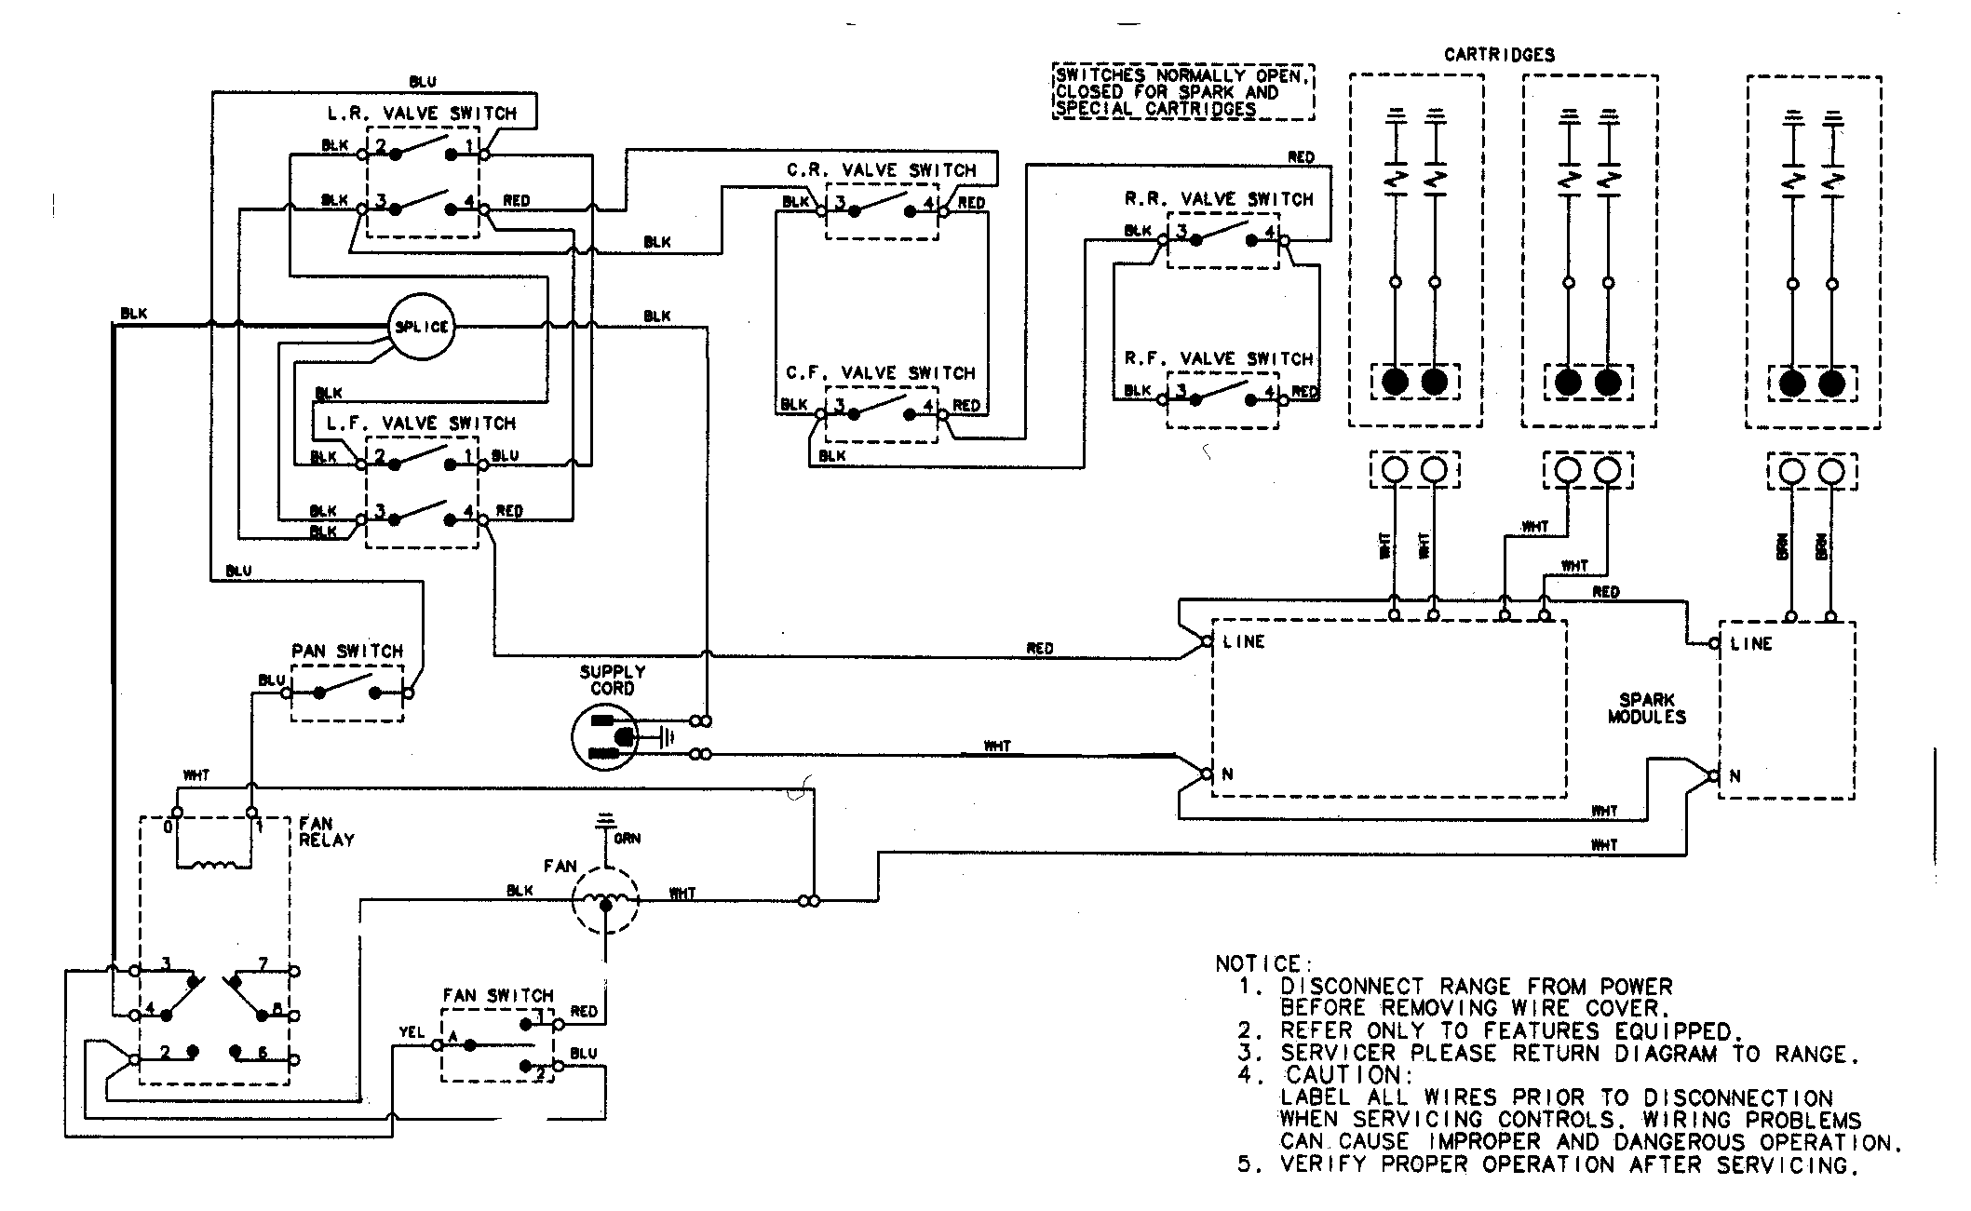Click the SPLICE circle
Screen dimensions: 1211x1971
click(x=421, y=327)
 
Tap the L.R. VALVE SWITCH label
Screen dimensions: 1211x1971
click(x=422, y=114)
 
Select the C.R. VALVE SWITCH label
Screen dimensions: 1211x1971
click(x=881, y=170)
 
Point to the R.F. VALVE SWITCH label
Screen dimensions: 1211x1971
click(x=1219, y=358)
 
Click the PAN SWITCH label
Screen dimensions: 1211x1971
click(x=347, y=651)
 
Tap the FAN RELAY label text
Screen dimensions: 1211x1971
click(x=325, y=831)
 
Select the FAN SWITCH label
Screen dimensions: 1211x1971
click(x=498, y=995)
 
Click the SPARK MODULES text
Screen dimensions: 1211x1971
click(x=1646, y=708)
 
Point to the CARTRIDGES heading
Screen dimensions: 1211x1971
click(x=1499, y=55)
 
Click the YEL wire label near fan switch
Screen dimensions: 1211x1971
click(x=412, y=1032)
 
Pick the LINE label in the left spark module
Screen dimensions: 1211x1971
click(x=1244, y=641)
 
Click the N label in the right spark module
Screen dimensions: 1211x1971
click(x=1735, y=775)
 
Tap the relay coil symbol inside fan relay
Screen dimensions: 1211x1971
click(x=213, y=865)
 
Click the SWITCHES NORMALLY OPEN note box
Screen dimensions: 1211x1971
click(x=1183, y=92)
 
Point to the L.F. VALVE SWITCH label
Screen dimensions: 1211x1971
click(x=421, y=424)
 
